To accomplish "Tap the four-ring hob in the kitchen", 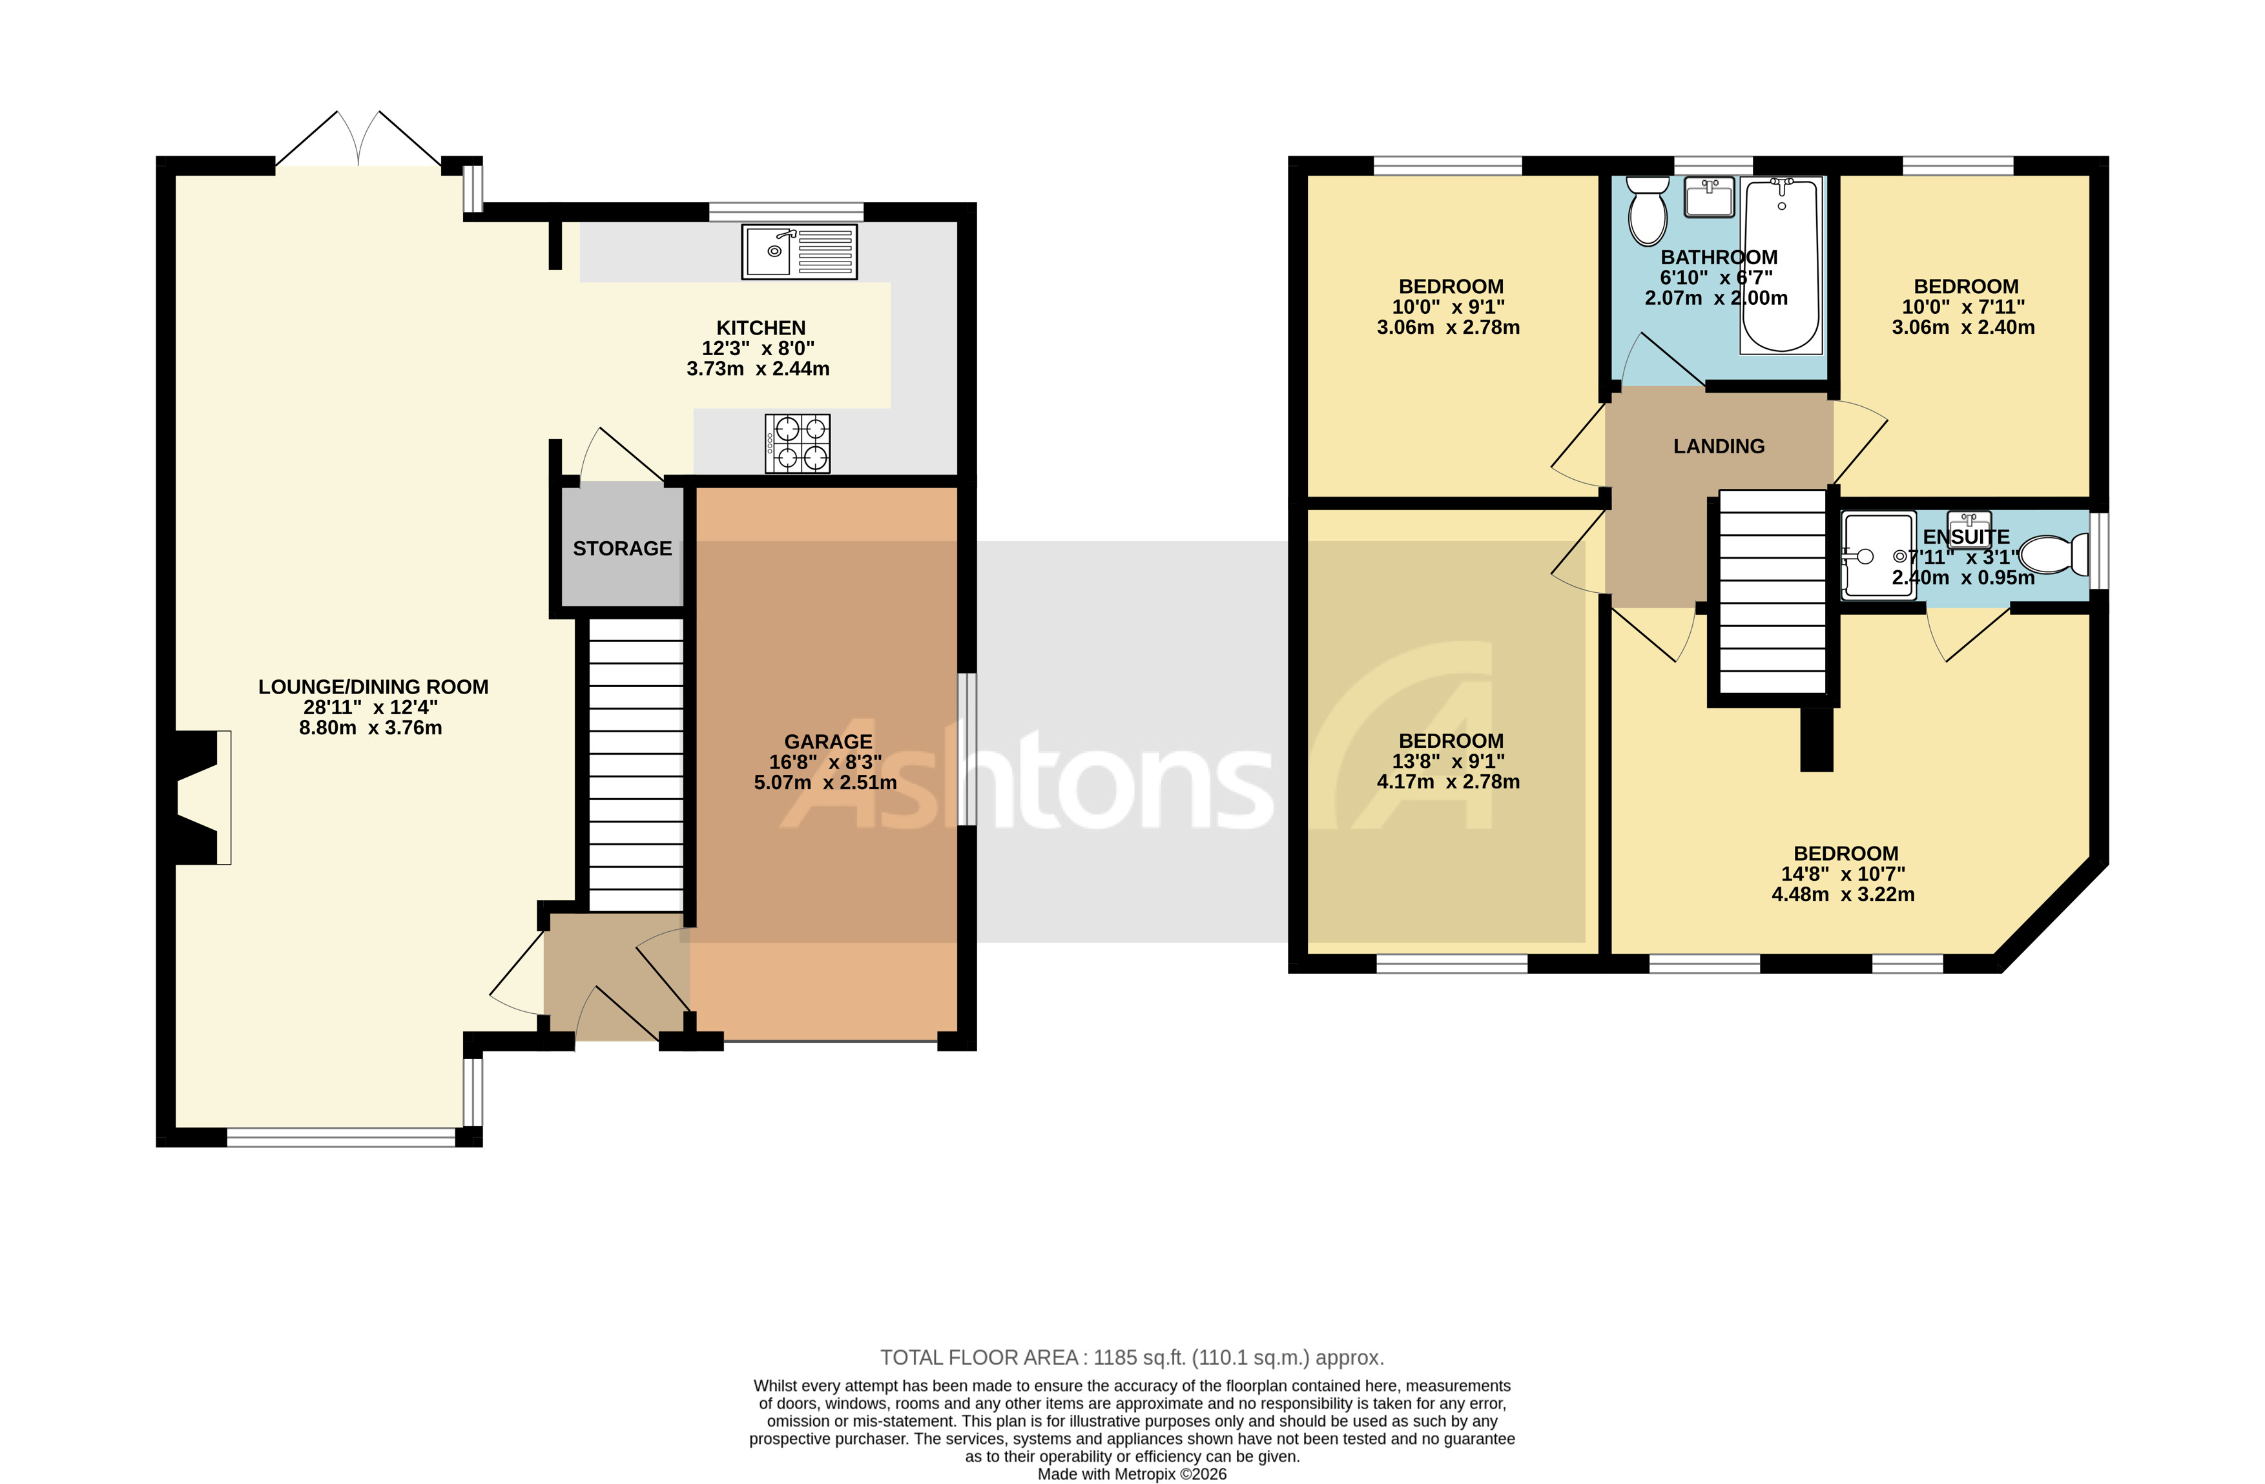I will click(x=798, y=443).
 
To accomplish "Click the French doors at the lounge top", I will click(x=359, y=143).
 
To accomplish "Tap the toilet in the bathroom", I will click(x=1646, y=211).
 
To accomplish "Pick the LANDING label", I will click(x=1718, y=446).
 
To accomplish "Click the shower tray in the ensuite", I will click(x=1877, y=557).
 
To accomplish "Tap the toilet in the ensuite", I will click(x=2051, y=555).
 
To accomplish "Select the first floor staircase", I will click(x=1772, y=592).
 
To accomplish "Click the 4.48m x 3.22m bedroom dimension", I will click(x=1843, y=894).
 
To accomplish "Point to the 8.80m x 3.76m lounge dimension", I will click(x=370, y=728).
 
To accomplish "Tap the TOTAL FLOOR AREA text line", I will click(x=1132, y=1357).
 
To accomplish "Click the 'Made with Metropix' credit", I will click(x=1131, y=1474).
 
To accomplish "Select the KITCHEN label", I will click(x=760, y=328).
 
